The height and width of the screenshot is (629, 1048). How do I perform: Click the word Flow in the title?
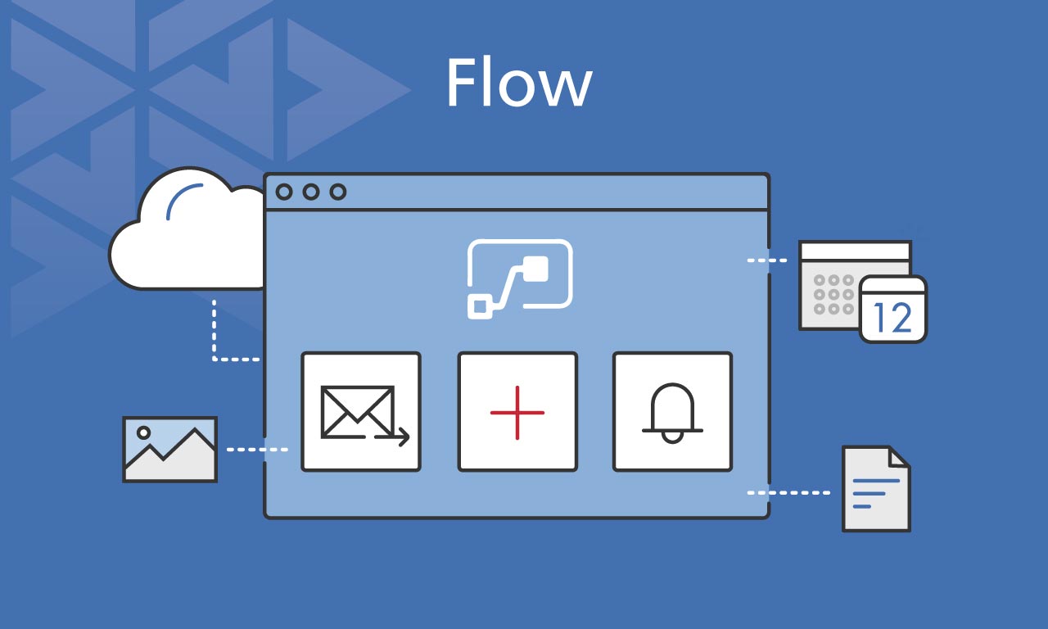point(518,84)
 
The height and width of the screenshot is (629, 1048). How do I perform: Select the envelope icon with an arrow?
point(361,412)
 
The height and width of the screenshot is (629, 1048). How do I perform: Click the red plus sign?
point(517,412)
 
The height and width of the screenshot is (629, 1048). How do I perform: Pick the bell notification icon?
point(672,412)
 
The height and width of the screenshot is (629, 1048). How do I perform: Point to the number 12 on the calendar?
point(892,317)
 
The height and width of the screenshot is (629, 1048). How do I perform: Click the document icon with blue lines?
point(875,489)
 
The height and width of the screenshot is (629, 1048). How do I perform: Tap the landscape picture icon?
point(169,449)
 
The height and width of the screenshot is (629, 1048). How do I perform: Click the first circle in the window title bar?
point(284,192)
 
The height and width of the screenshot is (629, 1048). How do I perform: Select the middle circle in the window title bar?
point(310,192)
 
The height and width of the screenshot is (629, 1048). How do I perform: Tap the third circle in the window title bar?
point(337,192)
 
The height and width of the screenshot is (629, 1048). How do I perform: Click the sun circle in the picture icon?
point(144,432)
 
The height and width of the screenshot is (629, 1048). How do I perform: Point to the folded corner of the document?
point(900,457)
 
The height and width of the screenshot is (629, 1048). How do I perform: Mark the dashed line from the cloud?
point(215,336)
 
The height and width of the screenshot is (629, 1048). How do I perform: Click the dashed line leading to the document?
point(788,493)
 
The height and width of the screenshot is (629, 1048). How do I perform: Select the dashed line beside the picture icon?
point(256,450)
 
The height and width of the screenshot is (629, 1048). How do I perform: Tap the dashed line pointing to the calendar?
point(767,260)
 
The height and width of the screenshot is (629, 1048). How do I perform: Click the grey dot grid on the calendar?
point(830,294)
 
